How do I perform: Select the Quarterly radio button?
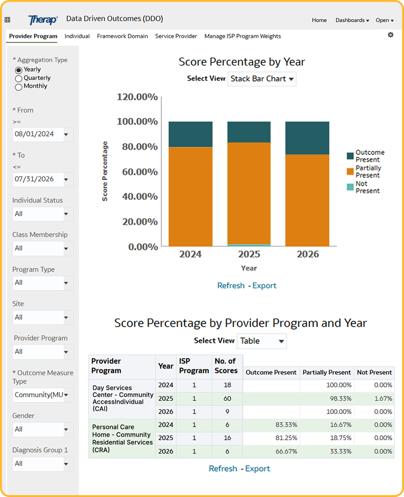coord(18,78)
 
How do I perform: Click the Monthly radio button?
coord(18,87)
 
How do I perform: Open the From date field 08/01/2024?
coord(43,134)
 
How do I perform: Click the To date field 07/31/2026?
coord(43,179)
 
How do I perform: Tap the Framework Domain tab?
coord(122,36)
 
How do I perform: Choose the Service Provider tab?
coord(176,36)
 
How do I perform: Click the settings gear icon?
coord(390,35)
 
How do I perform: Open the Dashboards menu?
coord(352,20)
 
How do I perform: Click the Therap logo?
coord(43,20)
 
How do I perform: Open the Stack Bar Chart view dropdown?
coord(262,79)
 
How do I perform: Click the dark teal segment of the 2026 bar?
coord(307,138)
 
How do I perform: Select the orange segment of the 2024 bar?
coord(191,196)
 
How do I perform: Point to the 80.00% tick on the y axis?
coord(140,147)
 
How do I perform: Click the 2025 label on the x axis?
coord(249,254)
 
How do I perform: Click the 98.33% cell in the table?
coord(341,398)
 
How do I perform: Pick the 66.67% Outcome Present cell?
coord(286,452)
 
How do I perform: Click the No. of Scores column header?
coord(226,366)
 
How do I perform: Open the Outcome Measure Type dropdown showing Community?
coord(43,395)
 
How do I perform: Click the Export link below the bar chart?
coord(264,286)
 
